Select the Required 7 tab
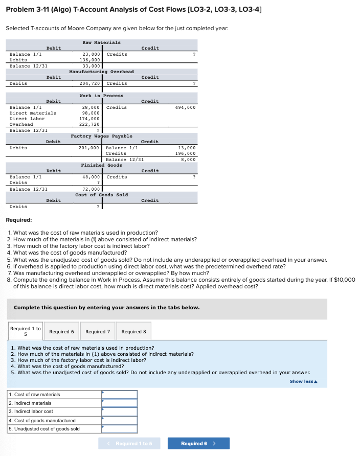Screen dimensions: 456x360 pos(97,332)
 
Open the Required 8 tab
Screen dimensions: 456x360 pos(133,332)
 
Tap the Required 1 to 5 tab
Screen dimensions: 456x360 pos(25,331)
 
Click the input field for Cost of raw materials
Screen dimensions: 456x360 pos(120,395)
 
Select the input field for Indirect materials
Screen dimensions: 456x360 pos(120,403)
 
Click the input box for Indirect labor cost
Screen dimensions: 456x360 pos(120,412)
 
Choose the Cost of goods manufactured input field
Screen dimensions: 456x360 pos(120,420)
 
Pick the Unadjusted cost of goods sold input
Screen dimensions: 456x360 pos(120,429)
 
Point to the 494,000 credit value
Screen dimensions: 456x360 pos(185,107)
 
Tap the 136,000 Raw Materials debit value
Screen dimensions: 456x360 pos(91,60)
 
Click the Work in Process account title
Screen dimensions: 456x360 pos(101,96)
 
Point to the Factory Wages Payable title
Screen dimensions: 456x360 pos(101,136)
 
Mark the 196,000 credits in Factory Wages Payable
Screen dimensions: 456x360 pos(185,153)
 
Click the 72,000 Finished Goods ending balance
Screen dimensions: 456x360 pos(92,189)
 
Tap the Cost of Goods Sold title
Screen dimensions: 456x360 pos(101,195)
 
